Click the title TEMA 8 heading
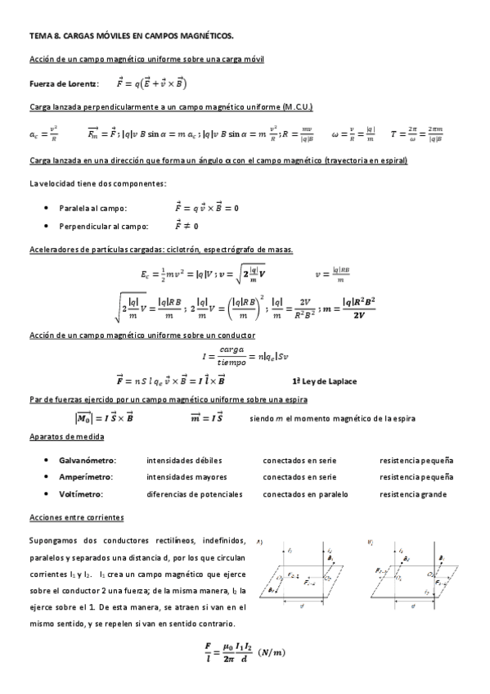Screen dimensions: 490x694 [131, 36]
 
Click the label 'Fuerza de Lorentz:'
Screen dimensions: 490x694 [64, 83]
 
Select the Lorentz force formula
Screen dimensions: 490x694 [152, 83]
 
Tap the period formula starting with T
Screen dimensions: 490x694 [418, 132]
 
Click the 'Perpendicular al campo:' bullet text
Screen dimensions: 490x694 [104, 226]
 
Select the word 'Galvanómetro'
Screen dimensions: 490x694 [88, 461]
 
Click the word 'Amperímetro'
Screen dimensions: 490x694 [86, 477]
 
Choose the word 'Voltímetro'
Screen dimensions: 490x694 [80, 494]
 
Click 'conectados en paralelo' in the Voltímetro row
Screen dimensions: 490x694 [305, 494]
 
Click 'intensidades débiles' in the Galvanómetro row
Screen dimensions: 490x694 [184, 461]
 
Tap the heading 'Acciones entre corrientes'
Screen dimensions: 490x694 [76, 518]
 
